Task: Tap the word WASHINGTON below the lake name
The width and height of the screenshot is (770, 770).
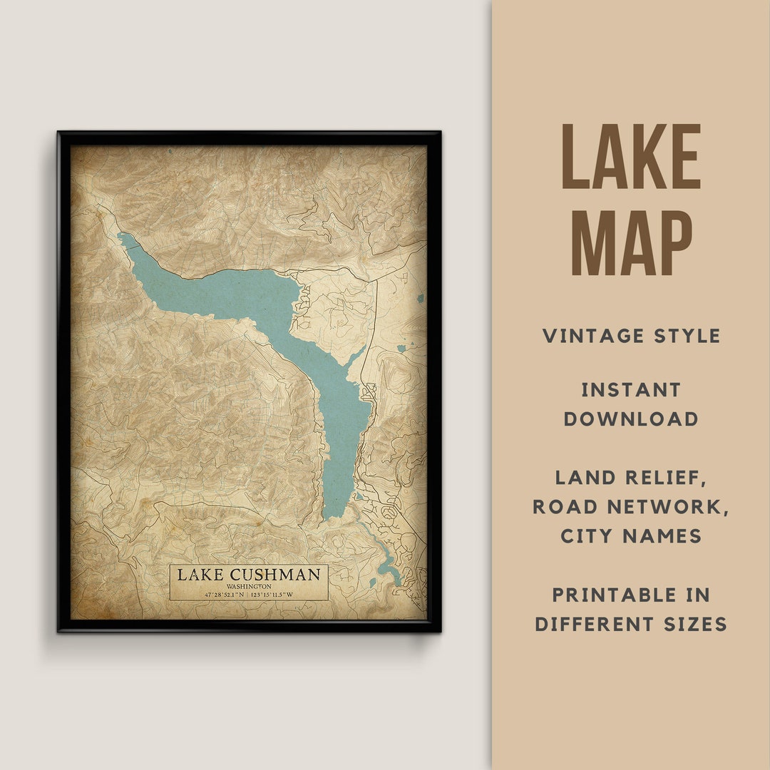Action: [x=249, y=586]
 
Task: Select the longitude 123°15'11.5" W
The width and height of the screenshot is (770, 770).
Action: [x=284, y=594]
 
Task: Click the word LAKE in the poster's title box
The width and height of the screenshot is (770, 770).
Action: [x=200, y=574]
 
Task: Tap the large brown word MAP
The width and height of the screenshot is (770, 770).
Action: [x=631, y=242]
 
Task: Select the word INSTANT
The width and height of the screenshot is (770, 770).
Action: [x=631, y=390]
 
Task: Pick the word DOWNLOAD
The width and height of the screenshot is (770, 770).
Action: [x=631, y=419]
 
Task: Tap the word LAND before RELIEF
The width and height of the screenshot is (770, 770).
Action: [x=586, y=478]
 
